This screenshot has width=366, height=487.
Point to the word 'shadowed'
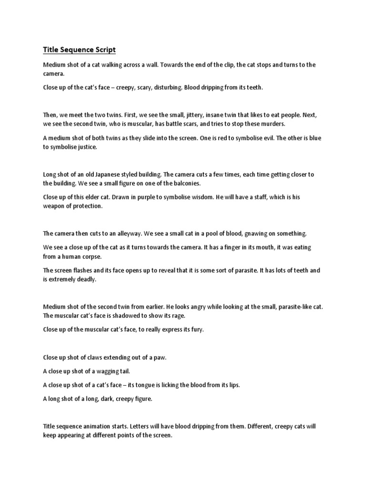(123, 315)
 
